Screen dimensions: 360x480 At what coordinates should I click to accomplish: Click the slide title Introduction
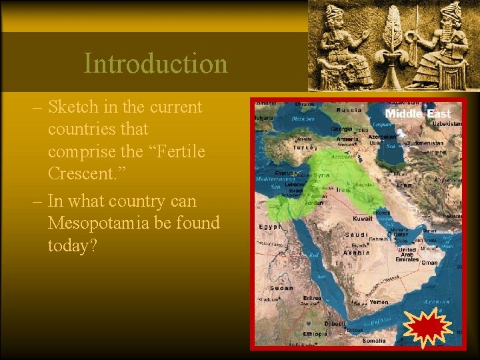pos(155,64)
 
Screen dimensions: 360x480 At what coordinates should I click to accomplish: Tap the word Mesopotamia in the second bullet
pos(104,223)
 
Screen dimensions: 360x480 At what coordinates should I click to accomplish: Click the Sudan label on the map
pos(282,288)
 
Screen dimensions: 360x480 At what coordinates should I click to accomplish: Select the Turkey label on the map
pos(305,147)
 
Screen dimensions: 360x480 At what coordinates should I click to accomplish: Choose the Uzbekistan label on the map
pos(445,124)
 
